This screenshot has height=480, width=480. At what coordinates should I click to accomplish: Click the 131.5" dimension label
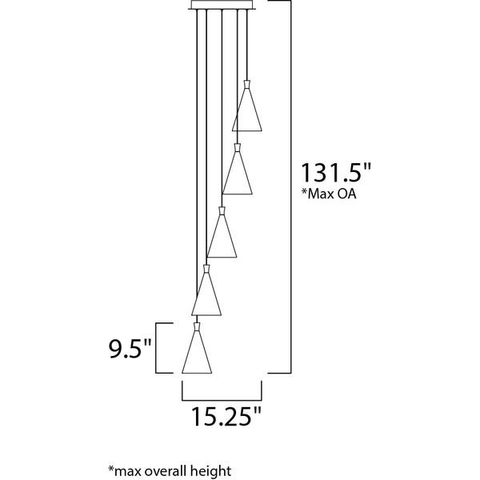click(336, 173)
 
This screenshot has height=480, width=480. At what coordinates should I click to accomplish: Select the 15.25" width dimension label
click(226, 416)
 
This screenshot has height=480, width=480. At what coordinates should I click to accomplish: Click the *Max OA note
click(329, 194)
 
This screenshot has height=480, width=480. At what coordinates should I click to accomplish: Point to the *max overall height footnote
click(170, 471)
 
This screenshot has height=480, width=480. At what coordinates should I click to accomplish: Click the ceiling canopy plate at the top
click(222, 5)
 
